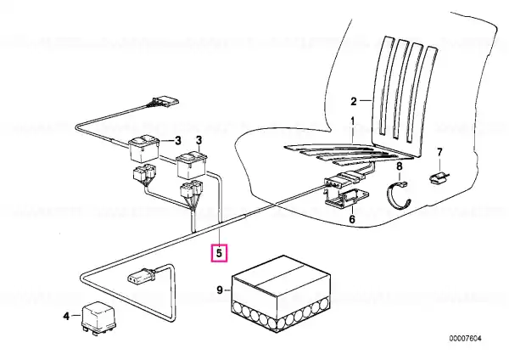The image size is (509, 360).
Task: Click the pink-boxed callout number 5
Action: [x=219, y=252]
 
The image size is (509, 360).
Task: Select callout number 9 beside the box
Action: [x=220, y=290]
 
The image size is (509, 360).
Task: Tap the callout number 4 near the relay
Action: [x=66, y=316]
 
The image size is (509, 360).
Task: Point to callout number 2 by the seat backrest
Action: [x=354, y=101]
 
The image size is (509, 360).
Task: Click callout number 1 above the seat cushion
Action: [x=353, y=121]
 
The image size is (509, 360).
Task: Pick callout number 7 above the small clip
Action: [x=439, y=152]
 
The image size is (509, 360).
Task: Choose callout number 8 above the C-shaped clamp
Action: [x=400, y=166]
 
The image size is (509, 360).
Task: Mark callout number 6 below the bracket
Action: [x=352, y=219]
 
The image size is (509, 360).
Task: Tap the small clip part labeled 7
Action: [x=439, y=178]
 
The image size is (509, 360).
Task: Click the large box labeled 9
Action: [x=281, y=294]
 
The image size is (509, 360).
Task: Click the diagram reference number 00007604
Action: [x=465, y=339]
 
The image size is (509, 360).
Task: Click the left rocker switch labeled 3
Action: [x=143, y=149]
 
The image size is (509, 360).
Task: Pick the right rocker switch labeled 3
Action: [x=192, y=165]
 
